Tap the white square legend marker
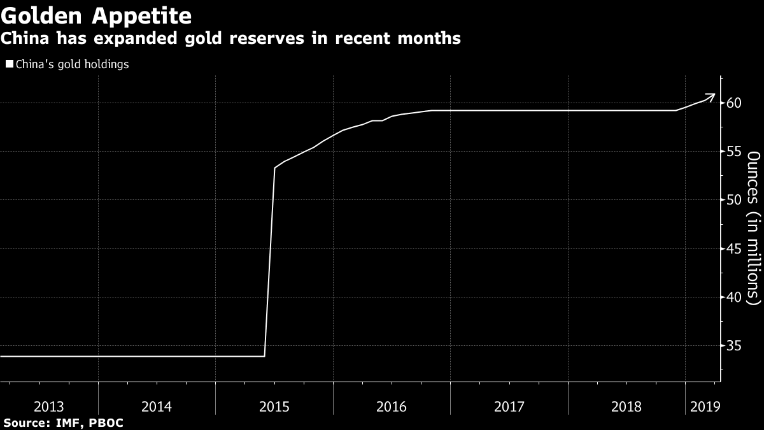pyautogui.click(x=9, y=64)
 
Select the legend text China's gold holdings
pyautogui.click(x=71, y=64)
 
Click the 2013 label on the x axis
pyautogui.click(x=48, y=406)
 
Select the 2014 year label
pyautogui.click(x=157, y=406)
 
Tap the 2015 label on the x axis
pyautogui.click(x=274, y=406)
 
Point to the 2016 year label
pyautogui.click(x=392, y=406)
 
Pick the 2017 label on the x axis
pyautogui.click(x=509, y=406)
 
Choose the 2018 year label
pyautogui.click(x=626, y=406)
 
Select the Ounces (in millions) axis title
pyautogui.click(x=753, y=227)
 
